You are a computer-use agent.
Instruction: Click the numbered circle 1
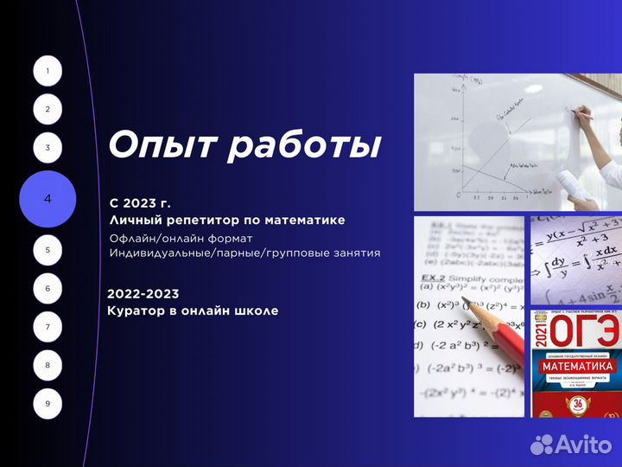click(48, 71)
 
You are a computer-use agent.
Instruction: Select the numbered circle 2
click(48, 109)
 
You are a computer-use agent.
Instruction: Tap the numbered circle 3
click(48, 148)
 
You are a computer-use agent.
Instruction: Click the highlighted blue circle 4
click(48, 199)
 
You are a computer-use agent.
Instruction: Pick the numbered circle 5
click(48, 250)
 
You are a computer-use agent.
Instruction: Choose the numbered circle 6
click(48, 288)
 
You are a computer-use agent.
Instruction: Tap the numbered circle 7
click(48, 327)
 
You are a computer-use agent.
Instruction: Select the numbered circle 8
click(48, 365)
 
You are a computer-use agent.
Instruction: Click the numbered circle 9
click(48, 403)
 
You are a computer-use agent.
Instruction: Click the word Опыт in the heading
click(161, 145)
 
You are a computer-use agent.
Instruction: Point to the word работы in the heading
click(303, 145)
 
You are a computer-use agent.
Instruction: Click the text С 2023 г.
click(140, 203)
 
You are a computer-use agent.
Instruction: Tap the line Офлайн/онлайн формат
click(181, 238)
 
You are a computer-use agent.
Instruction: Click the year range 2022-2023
click(143, 294)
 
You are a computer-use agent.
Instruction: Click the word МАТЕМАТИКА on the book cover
click(577, 367)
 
